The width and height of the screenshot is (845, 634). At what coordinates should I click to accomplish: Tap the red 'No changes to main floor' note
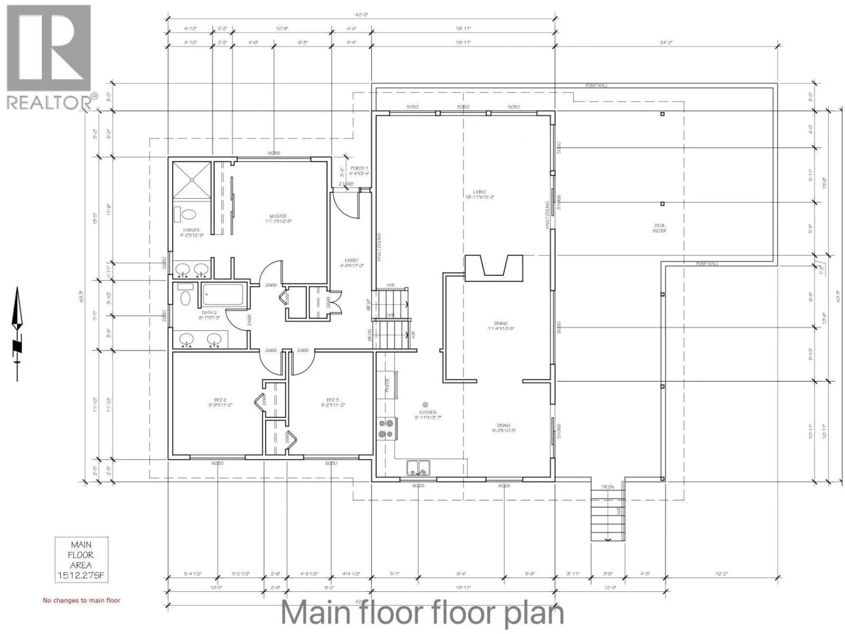(81, 600)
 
